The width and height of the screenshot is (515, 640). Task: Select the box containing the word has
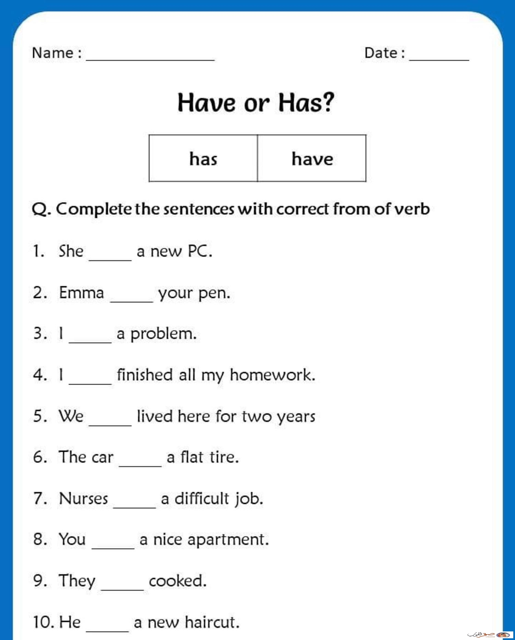(203, 158)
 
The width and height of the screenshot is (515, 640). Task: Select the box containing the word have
(312, 158)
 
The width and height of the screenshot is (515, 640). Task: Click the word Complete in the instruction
(94, 209)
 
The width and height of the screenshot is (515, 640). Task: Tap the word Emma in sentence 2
(81, 293)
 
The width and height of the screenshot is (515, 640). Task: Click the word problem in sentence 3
(163, 334)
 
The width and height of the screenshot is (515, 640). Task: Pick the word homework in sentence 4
(272, 375)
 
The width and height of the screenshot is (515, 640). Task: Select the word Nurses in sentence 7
(83, 498)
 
